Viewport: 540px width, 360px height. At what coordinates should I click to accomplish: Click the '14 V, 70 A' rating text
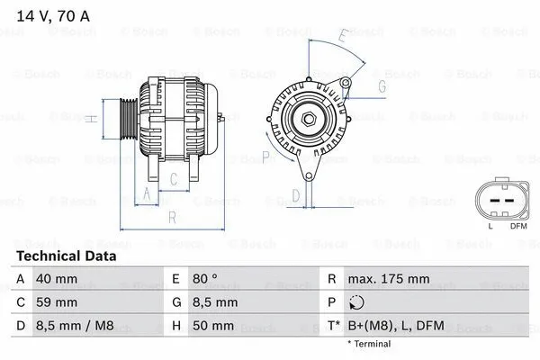(x=51, y=14)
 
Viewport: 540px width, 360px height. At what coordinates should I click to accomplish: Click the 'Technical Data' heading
(x=66, y=256)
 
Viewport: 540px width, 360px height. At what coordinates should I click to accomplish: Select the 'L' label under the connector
(x=490, y=225)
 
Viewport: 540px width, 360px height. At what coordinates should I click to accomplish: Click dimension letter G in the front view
(x=382, y=86)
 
